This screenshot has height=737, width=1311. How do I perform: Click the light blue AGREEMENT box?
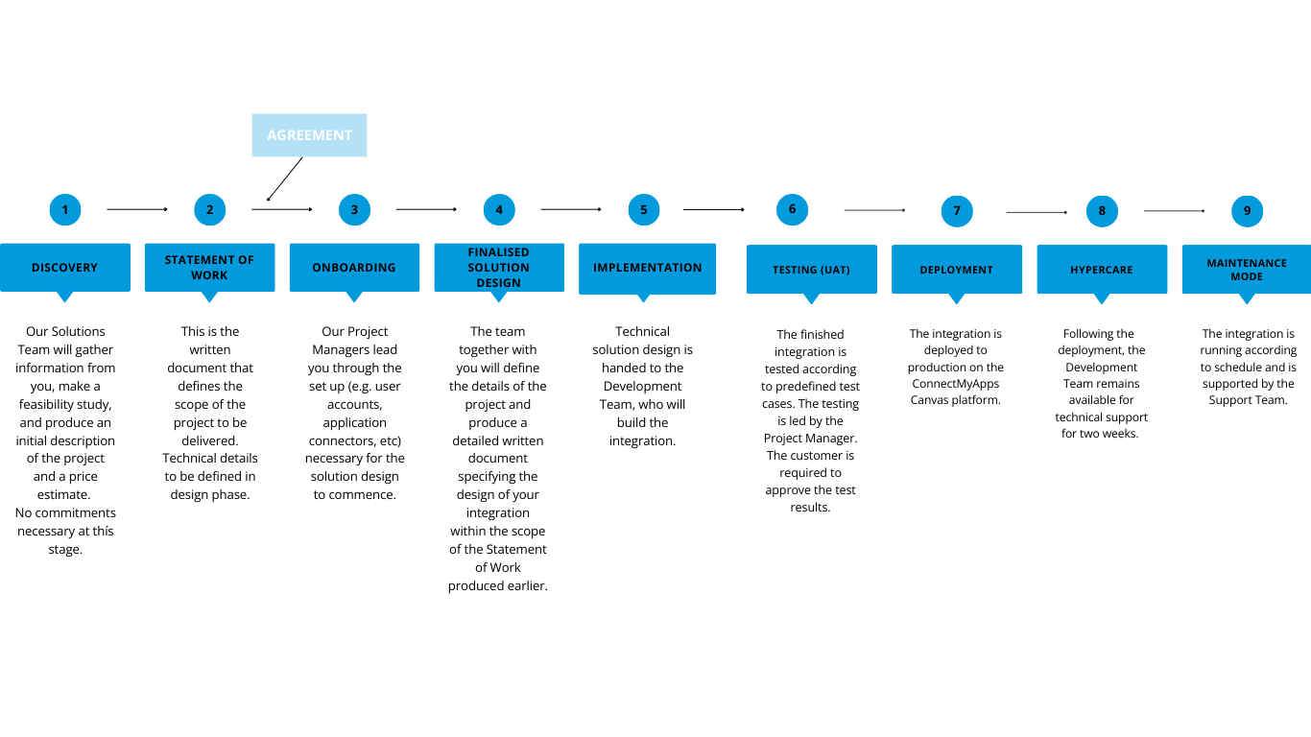tap(309, 135)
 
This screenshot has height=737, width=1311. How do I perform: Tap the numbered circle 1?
tap(65, 209)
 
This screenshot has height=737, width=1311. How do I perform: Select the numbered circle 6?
tap(792, 209)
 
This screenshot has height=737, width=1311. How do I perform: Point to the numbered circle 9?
tap(1247, 211)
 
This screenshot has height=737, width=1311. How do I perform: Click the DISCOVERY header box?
tap(65, 268)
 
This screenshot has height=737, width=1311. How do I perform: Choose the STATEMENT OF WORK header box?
tap(209, 268)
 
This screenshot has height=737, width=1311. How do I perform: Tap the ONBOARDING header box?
tap(354, 268)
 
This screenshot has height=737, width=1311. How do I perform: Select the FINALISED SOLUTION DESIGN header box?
tap(499, 268)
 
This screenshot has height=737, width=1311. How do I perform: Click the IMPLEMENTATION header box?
tap(647, 270)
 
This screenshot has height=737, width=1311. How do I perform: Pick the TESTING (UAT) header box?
tap(811, 270)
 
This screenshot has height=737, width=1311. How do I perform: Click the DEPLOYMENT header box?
tap(956, 270)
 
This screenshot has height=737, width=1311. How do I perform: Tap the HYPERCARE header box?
tap(1102, 270)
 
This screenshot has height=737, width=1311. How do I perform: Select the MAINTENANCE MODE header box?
tap(1247, 270)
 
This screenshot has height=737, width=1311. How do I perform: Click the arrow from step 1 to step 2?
tap(137, 209)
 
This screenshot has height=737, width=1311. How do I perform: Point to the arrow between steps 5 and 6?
tap(713, 209)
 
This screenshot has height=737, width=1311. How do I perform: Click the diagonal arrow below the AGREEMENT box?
tap(284, 179)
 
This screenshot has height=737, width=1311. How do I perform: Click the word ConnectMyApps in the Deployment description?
tap(955, 384)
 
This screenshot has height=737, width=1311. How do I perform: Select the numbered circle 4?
tap(499, 209)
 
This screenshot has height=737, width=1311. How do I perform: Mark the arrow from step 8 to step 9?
tap(1174, 211)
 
